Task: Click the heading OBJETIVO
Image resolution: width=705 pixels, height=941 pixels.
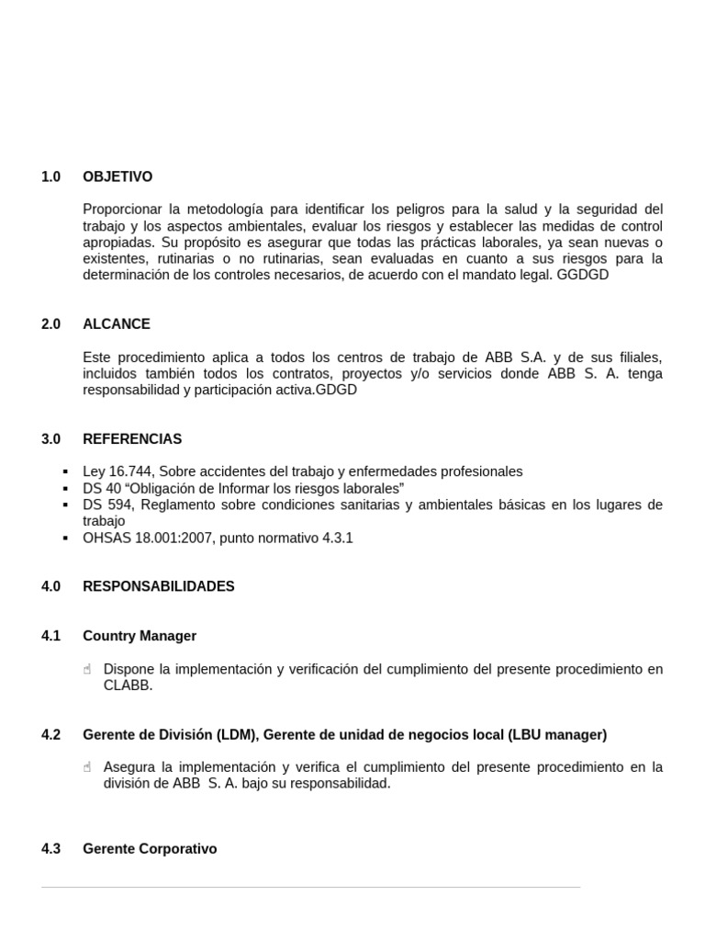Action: coord(117,176)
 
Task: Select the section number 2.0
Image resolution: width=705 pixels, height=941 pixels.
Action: coord(50,324)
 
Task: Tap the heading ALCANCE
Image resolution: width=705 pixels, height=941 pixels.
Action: coord(117,324)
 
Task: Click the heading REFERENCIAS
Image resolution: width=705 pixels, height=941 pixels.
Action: coord(132,439)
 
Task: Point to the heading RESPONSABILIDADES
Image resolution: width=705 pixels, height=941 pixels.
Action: coord(159,586)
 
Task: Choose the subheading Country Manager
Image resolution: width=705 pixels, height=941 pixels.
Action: coord(140,636)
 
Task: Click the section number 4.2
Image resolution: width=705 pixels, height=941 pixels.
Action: coord(50,735)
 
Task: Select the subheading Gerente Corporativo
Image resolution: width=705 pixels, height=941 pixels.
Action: coord(150,849)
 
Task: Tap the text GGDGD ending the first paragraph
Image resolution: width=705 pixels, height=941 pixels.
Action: coord(583,275)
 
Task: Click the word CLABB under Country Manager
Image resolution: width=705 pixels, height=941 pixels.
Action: coord(129,686)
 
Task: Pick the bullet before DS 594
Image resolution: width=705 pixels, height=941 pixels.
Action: coord(64,505)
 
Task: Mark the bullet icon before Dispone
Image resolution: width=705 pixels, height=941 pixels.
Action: coord(87,670)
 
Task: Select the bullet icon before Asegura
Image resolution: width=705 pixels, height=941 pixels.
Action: coord(87,767)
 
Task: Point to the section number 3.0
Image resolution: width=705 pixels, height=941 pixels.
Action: coord(50,439)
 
